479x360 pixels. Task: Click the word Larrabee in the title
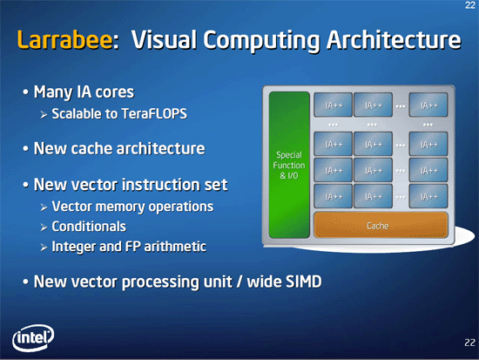coord(64,39)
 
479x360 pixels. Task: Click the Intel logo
coord(33,337)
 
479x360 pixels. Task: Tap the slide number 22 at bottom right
coord(469,343)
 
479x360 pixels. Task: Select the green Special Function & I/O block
coord(289,165)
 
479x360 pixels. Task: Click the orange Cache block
coord(381,225)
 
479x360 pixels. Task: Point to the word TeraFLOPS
coord(154,114)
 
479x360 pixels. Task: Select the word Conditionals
coord(89,227)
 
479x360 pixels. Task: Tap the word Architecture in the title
coord(394,39)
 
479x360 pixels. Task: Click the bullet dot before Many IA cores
coord(25,92)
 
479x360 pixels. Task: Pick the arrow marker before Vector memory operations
coord(44,207)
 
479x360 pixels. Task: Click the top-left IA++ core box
coord(333,105)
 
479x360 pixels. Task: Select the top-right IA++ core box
coord(428,105)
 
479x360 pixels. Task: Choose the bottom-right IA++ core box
coord(428,196)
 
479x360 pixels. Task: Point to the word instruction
coord(161,185)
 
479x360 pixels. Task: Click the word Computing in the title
coord(262,41)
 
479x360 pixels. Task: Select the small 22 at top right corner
coord(470,5)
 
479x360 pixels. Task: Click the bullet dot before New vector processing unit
coord(25,282)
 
